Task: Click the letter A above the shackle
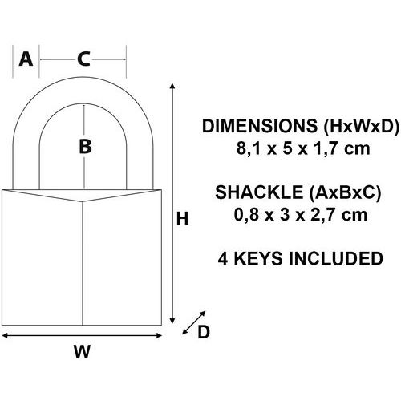(26, 59)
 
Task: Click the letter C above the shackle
(83, 59)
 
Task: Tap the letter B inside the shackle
(85, 147)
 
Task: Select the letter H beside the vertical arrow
(183, 219)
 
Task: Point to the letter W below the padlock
(82, 351)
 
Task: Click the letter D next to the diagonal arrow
(204, 332)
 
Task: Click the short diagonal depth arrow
(194, 322)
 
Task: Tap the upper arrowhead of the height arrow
(172, 86)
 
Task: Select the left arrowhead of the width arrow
(5, 335)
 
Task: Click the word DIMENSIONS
(260, 126)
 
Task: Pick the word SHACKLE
(259, 192)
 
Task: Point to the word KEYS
(258, 258)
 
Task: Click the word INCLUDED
(336, 258)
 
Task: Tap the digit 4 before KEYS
(223, 258)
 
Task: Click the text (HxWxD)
(361, 126)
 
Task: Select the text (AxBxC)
(345, 192)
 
